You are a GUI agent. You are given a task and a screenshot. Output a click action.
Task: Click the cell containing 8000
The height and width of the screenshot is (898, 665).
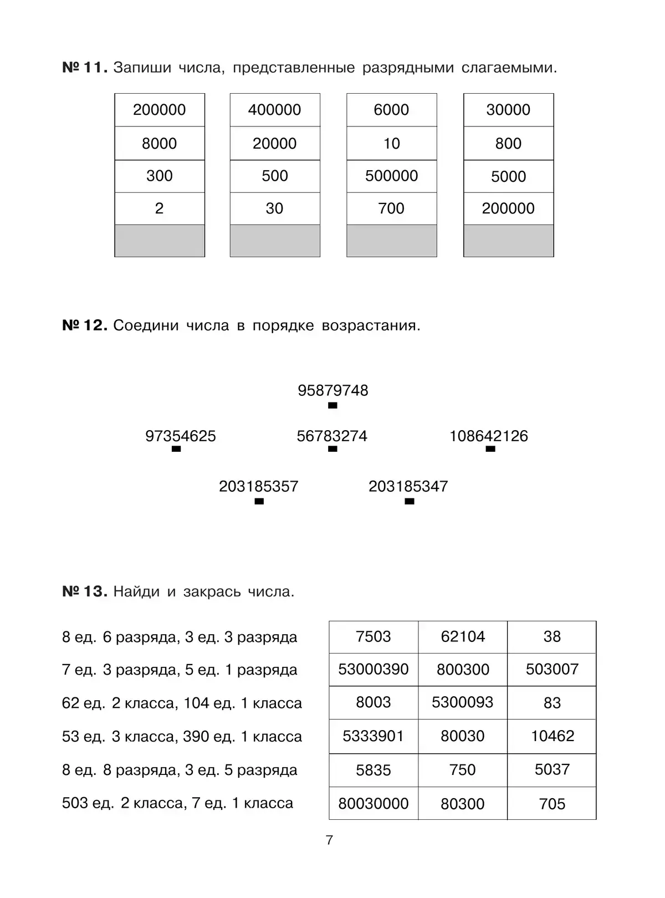click(x=159, y=144)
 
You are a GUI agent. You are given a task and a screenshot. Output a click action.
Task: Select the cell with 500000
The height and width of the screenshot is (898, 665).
click(x=391, y=176)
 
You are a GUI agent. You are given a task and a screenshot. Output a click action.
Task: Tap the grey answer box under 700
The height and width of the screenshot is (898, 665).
click(x=391, y=241)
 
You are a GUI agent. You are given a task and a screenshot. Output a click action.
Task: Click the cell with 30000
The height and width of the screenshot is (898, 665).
click(x=508, y=110)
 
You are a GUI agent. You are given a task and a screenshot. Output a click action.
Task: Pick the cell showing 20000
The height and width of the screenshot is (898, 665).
click(x=275, y=144)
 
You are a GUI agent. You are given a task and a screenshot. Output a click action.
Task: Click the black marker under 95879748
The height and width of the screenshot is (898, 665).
click(x=332, y=406)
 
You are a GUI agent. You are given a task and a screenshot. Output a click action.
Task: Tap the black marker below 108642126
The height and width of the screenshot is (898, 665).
click(x=490, y=449)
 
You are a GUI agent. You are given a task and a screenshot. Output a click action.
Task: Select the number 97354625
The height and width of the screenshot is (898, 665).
click(x=181, y=436)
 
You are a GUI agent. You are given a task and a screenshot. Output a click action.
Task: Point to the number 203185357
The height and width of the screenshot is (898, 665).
click(x=259, y=487)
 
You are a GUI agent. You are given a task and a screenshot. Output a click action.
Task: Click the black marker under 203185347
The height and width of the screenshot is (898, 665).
click(x=410, y=502)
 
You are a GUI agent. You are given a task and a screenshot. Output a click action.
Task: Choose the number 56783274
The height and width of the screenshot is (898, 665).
click(x=332, y=436)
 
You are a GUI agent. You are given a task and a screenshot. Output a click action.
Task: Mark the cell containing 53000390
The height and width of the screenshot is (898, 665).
click(x=374, y=670)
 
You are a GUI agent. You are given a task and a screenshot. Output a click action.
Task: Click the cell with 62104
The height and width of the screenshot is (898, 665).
click(x=463, y=637)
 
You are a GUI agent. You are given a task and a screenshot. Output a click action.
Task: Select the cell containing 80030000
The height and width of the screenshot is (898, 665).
click(x=374, y=804)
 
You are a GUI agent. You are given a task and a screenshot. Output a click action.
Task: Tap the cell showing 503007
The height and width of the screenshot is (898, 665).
click(x=552, y=670)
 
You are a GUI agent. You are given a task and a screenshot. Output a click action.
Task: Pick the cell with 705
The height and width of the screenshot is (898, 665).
click(x=552, y=804)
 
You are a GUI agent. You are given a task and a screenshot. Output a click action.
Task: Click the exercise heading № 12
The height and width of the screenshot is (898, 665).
click(x=84, y=325)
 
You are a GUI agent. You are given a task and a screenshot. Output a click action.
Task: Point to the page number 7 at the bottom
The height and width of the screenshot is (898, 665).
click(x=330, y=840)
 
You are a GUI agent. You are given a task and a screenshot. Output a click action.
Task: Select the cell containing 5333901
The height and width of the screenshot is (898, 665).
click(x=374, y=737)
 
